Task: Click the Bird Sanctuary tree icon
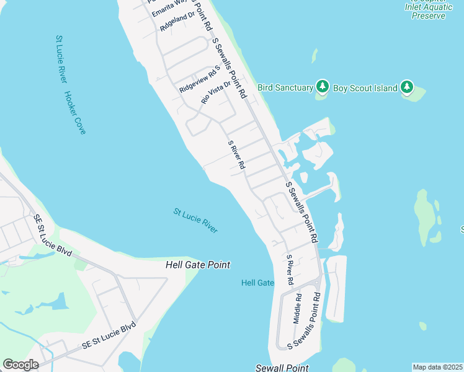coord(322,87)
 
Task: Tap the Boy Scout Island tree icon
coord(407,87)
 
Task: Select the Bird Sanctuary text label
coord(285,88)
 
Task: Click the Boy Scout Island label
coord(365,88)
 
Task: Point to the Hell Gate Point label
coord(198,265)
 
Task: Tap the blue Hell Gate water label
coord(257,283)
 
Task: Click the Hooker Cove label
coord(74,113)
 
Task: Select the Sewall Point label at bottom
coord(282,368)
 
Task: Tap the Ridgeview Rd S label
coord(200,81)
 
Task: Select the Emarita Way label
coord(169,5)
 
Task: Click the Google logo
coord(20,365)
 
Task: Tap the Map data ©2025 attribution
coord(437,367)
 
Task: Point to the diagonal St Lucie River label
coord(195,221)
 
